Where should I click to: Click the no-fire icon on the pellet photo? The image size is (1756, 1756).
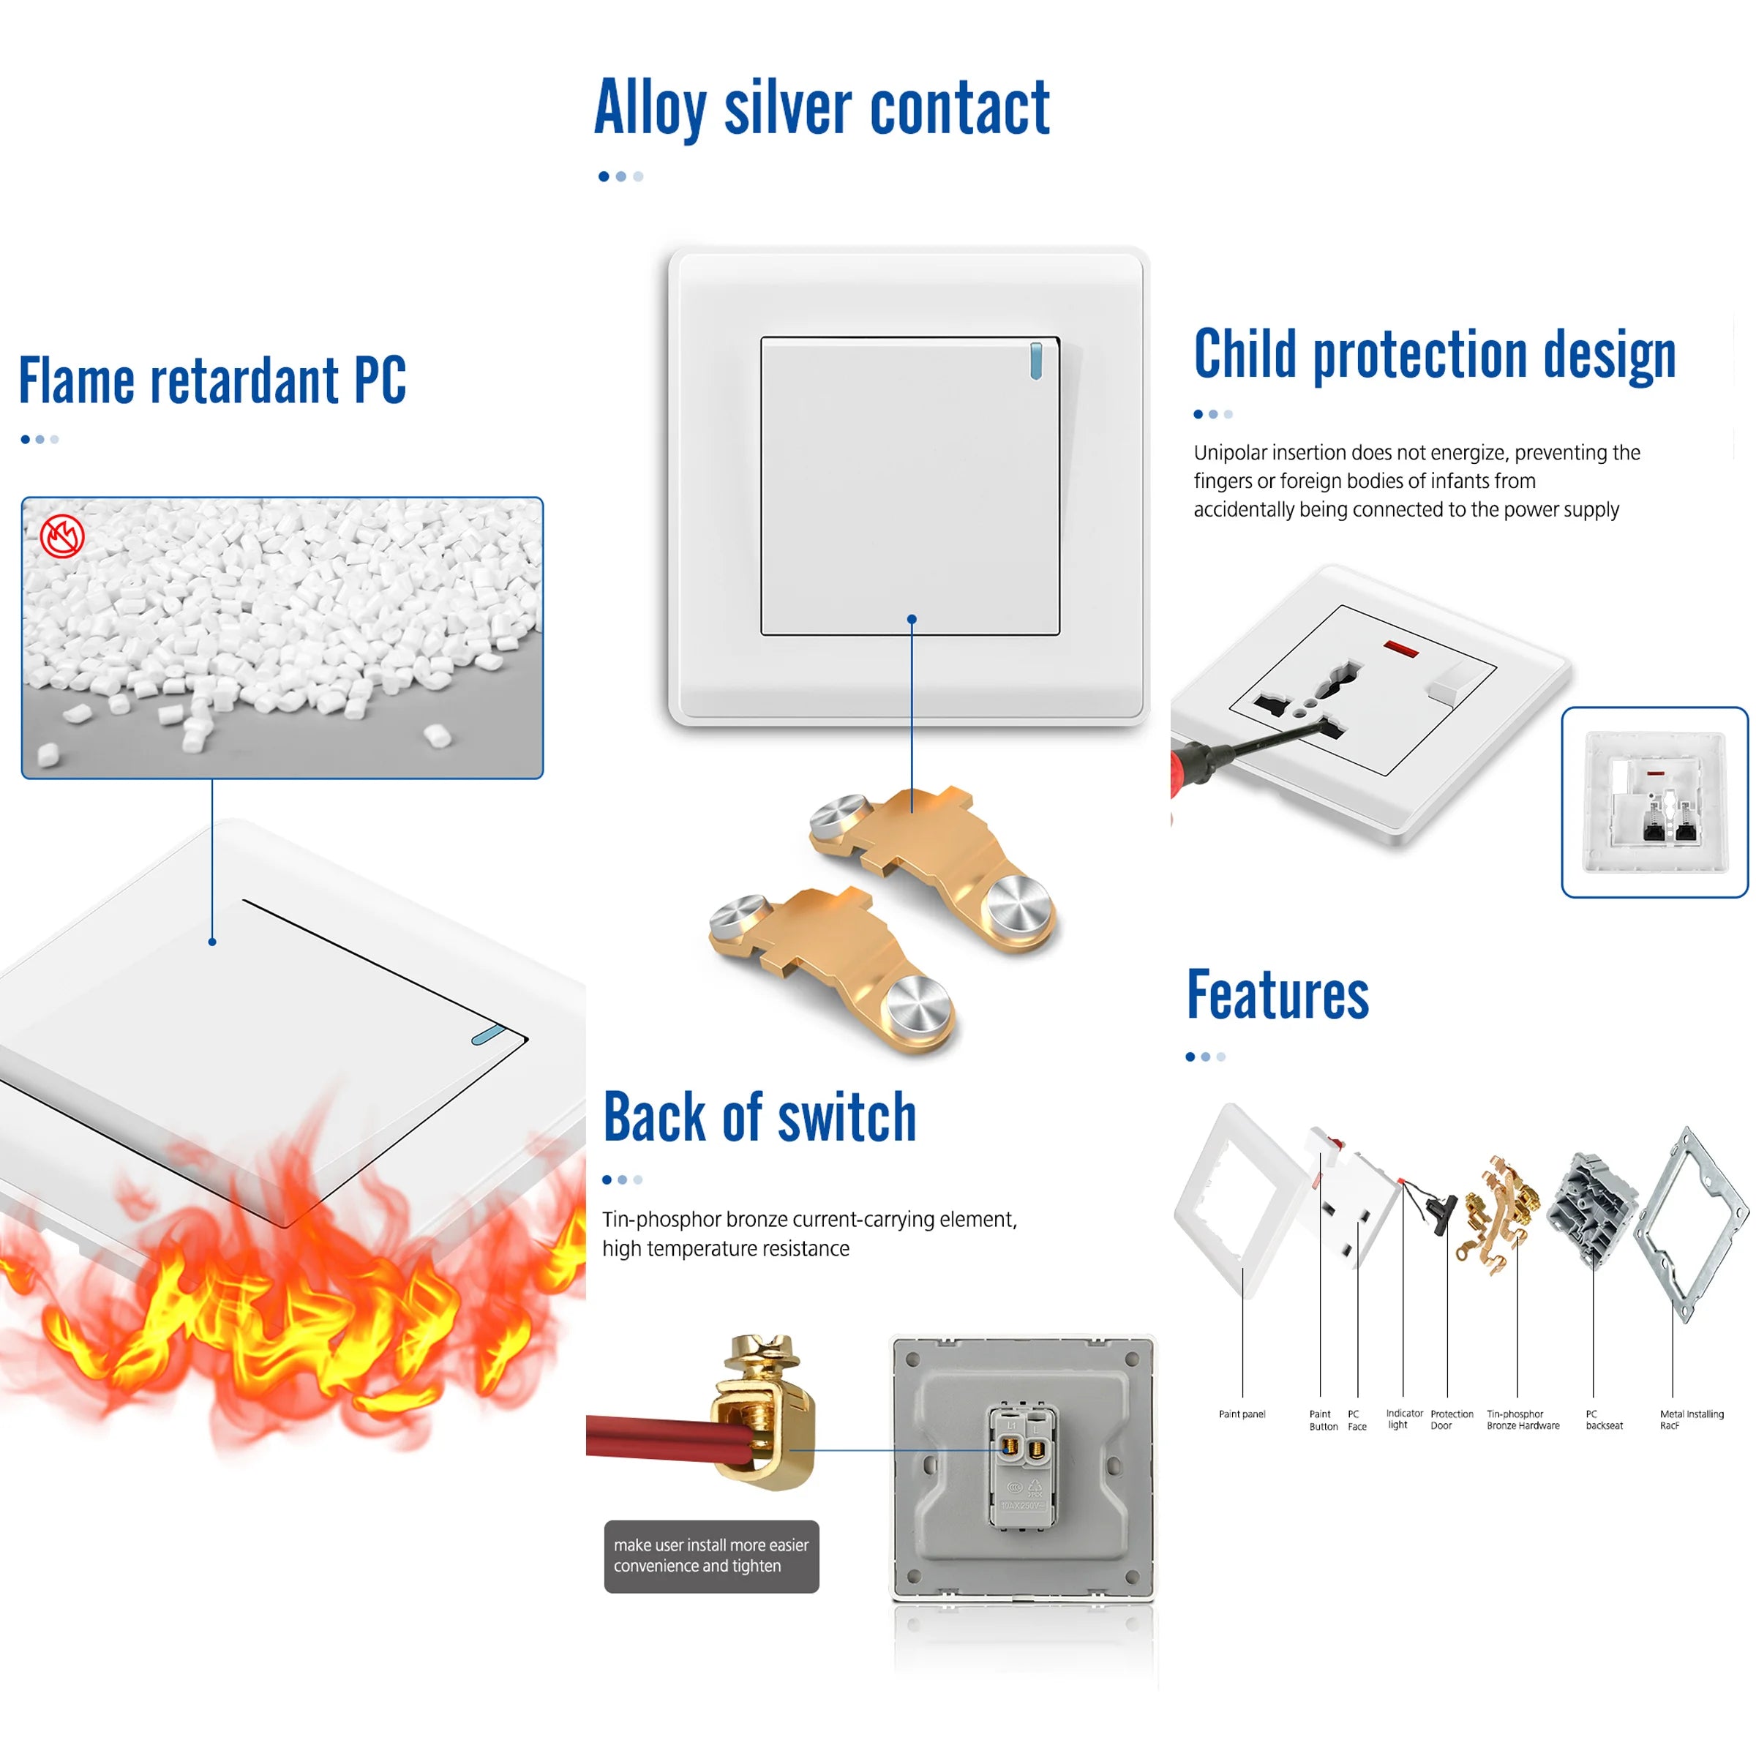click(61, 536)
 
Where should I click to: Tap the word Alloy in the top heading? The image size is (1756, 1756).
click(650, 109)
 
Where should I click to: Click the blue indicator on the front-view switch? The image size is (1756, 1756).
click(1035, 361)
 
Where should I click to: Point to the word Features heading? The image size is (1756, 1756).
click(1277, 995)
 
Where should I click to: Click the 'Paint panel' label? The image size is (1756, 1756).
click(1242, 1414)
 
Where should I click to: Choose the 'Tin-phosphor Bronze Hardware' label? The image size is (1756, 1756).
click(1523, 1419)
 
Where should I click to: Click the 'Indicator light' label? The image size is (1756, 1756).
click(1403, 1419)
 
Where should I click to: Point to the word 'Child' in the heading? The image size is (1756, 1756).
click(1245, 353)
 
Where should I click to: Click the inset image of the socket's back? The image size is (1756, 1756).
click(1654, 802)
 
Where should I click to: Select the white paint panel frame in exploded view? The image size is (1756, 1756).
click(1236, 1200)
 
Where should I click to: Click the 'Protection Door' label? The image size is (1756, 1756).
click(1451, 1419)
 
